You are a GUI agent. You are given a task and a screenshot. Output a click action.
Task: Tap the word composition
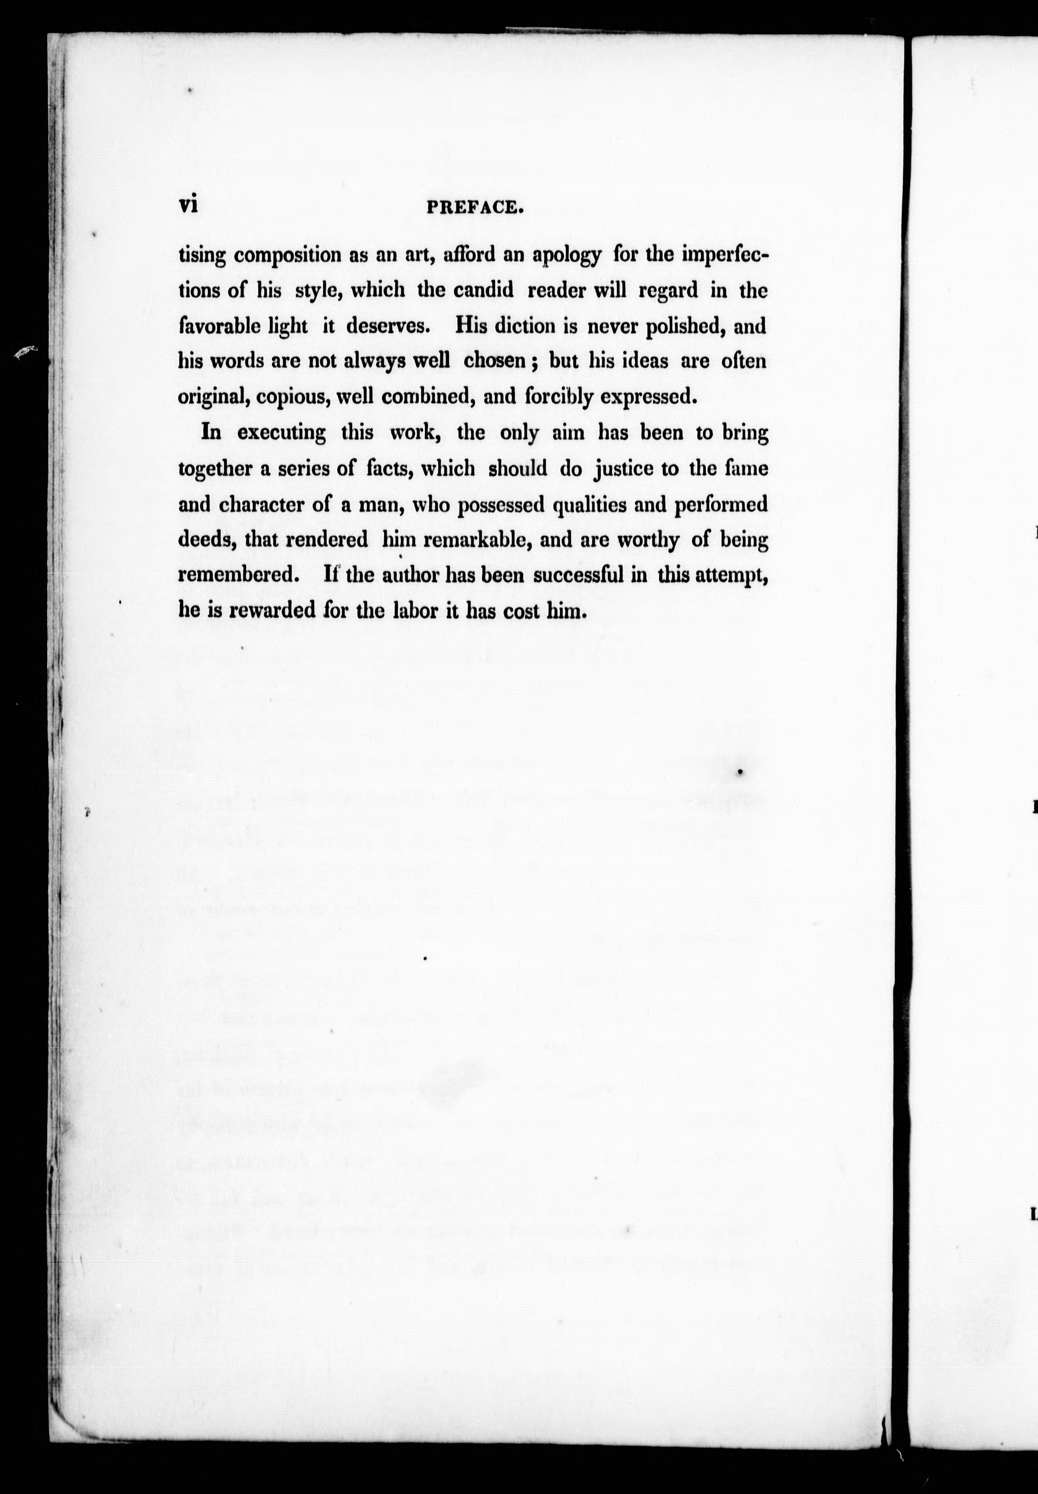(x=287, y=255)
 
